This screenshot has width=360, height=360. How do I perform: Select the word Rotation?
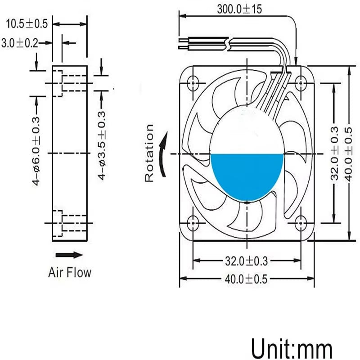coord(149,153)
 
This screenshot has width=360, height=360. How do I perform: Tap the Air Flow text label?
coord(70,272)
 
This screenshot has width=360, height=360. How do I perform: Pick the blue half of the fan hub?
coord(247,173)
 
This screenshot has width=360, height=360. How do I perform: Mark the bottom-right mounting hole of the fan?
coord(301,221)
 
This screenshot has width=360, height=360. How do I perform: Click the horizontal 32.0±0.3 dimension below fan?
coord(247,261)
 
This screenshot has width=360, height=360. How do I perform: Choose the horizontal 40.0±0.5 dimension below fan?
coord(247,279)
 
